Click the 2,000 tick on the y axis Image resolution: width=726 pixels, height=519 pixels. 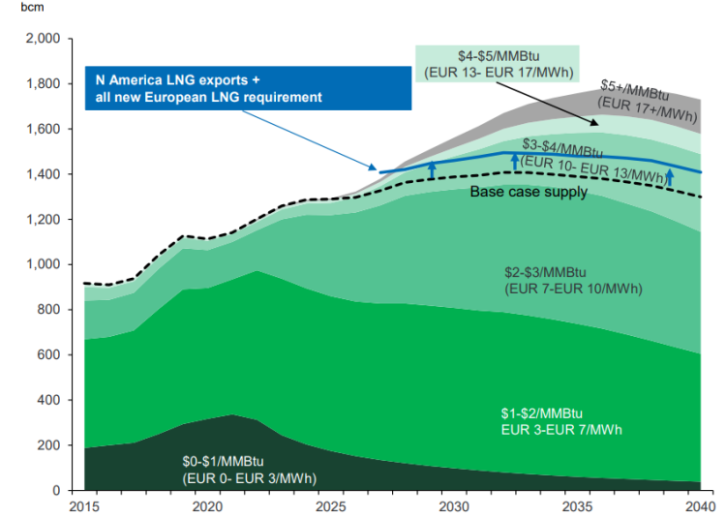point(44,39)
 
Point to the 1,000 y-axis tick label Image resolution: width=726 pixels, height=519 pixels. point(44,264)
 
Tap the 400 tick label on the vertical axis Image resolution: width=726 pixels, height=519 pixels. point(49,400)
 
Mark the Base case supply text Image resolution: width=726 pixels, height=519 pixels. point(529,193)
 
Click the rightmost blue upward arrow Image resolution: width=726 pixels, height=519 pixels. point(669,176)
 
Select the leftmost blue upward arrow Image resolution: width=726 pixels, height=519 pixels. point(433,172)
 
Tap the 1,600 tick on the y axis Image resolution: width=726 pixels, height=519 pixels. point(44,129)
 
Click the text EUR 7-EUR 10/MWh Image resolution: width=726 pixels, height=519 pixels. point(573,289)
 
